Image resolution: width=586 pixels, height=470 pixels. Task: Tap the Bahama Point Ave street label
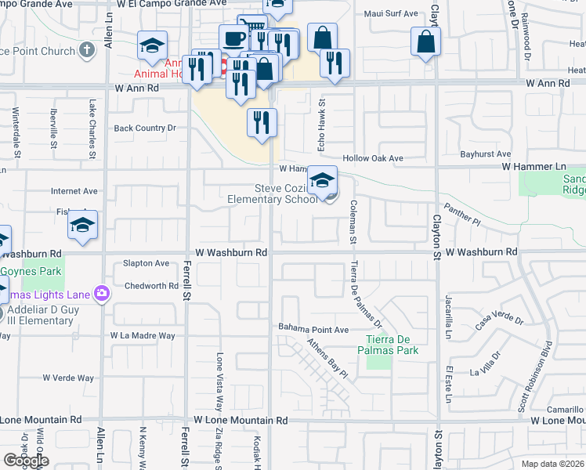[x=313, y=328]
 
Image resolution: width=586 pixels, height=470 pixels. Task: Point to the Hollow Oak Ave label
[x=372, y=158]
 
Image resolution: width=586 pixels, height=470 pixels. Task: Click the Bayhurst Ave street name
[x=486, y=154]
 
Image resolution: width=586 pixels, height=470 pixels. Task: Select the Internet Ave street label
[x=74, y=190]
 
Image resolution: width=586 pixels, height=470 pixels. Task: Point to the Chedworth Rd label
[x=151, y=286]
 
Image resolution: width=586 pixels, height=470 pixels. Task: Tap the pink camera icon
[x=102, y=293]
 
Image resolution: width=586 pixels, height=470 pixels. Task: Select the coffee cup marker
[x=233, y=38]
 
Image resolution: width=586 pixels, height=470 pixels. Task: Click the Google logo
[x=26, y=461]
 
